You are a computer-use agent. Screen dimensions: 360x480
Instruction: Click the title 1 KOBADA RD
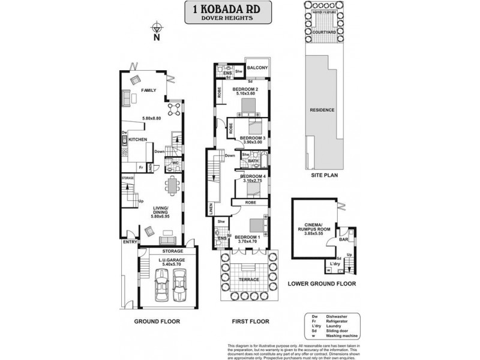[x=227, y=8]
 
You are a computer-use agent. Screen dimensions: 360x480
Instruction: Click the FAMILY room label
[x=148, y=91]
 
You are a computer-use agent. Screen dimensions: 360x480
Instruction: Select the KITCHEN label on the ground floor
[x=139, y=139]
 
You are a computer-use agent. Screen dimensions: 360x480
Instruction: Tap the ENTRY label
[x=128, y=242]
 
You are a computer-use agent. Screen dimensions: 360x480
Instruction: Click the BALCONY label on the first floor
[x=257, y=68]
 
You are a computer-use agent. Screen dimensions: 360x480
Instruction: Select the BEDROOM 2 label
[x=246, y=89]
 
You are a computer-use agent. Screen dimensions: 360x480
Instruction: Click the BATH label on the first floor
[x=254, y=161]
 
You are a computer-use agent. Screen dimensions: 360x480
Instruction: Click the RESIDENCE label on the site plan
[x=322, y=110]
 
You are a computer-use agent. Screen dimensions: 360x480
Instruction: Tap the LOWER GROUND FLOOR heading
[x=322, y=283]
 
